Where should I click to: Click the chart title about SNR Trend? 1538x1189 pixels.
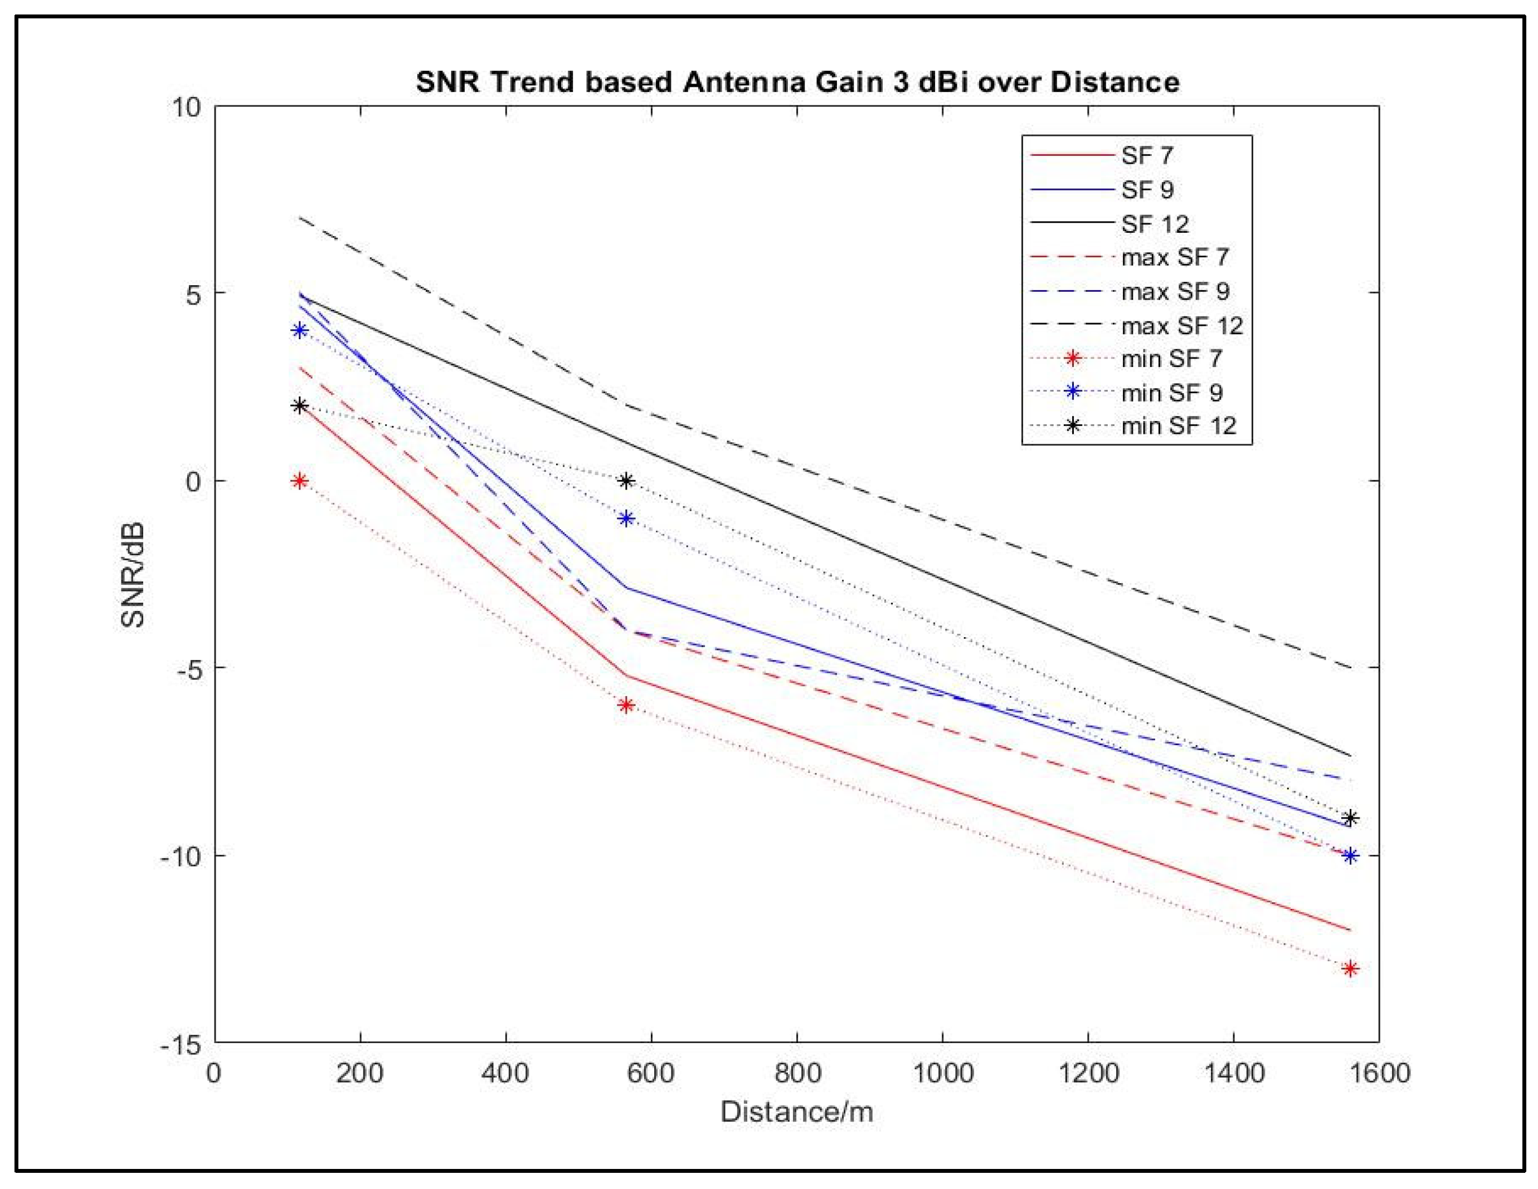click(x=797, y=82)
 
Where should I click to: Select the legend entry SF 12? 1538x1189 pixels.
click(x=1155, y=224)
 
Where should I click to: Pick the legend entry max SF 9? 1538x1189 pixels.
click(x=1175, y=291)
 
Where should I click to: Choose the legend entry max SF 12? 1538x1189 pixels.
click(x=1182, y=325)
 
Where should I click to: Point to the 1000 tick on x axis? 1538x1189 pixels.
click(x=942, y=1074)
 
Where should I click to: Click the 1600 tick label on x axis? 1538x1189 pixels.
click(x=1379, y=1074)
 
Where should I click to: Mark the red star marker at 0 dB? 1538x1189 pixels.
click(x=300, y=481)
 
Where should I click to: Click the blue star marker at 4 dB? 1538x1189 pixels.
click(x=300, y=330)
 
